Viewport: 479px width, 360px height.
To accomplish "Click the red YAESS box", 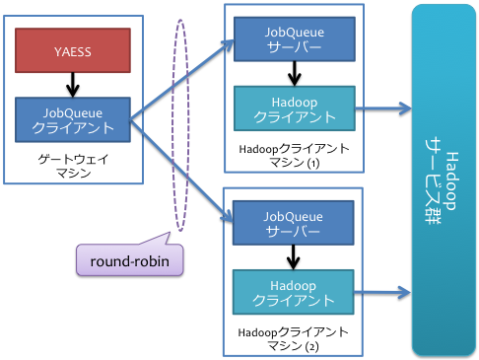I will (x=73, y=51).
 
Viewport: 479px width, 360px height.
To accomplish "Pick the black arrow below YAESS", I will (x=73, y=84).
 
